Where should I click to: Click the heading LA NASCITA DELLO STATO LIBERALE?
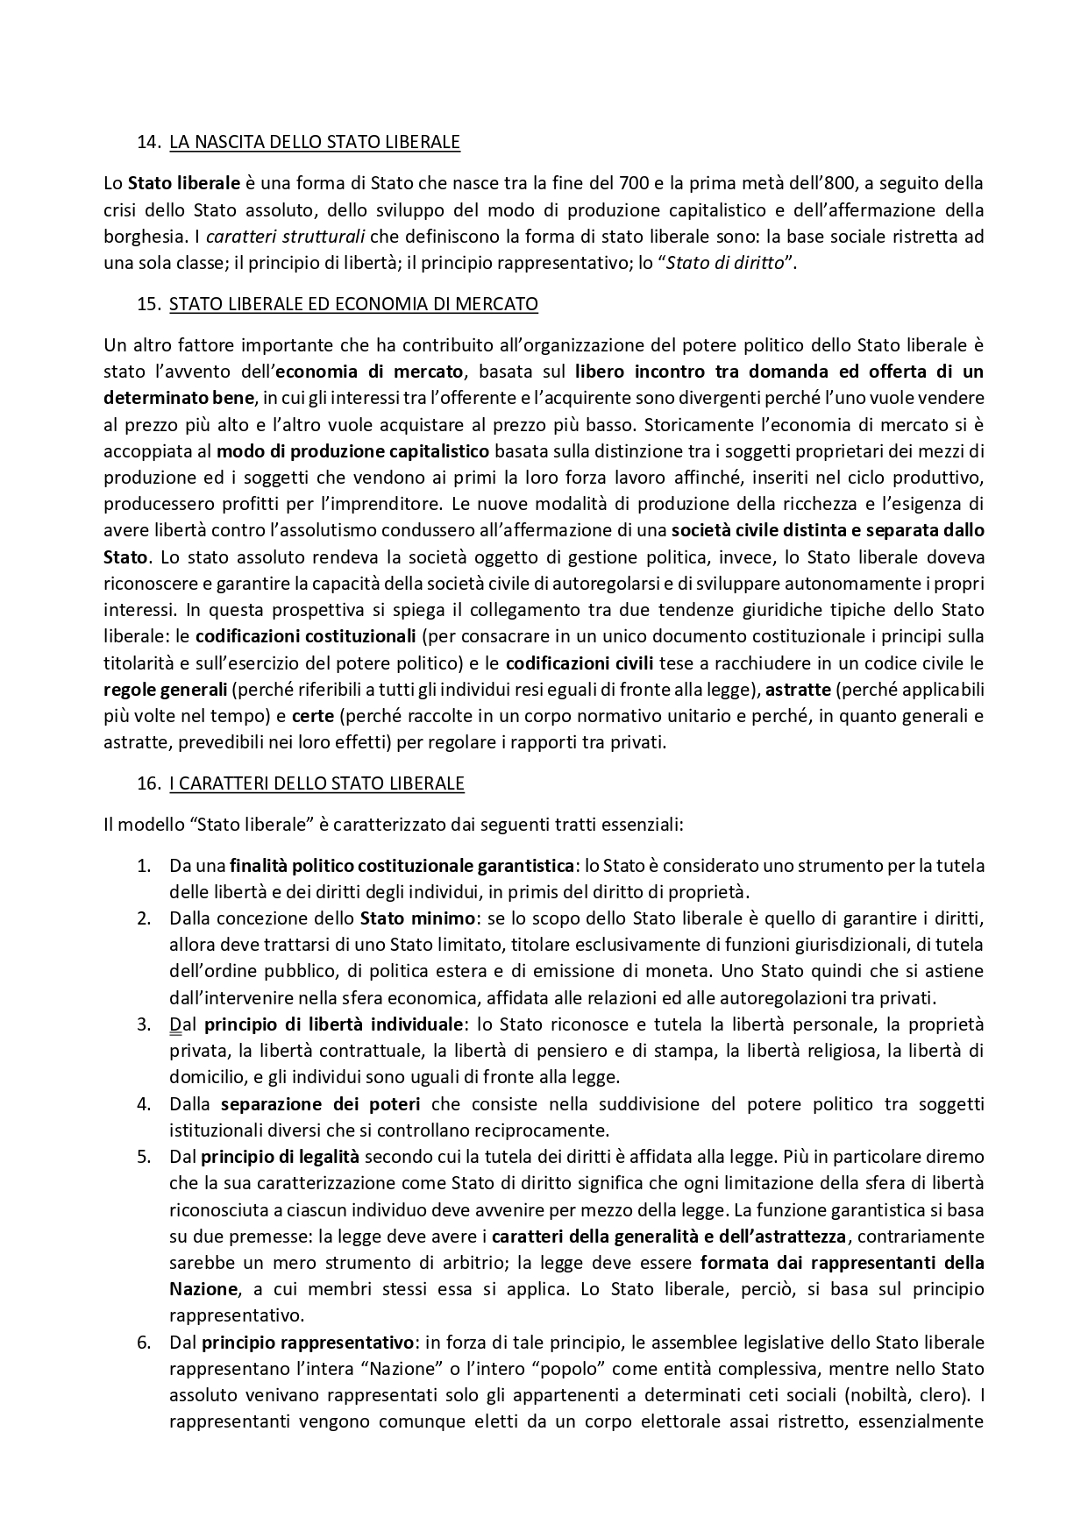(314, 141)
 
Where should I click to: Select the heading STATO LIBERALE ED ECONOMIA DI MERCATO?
(353, 304)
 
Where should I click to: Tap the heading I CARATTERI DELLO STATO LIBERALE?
(316, 783)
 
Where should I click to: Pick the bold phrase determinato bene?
(179, 398)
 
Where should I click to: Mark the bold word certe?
(312, 715)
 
